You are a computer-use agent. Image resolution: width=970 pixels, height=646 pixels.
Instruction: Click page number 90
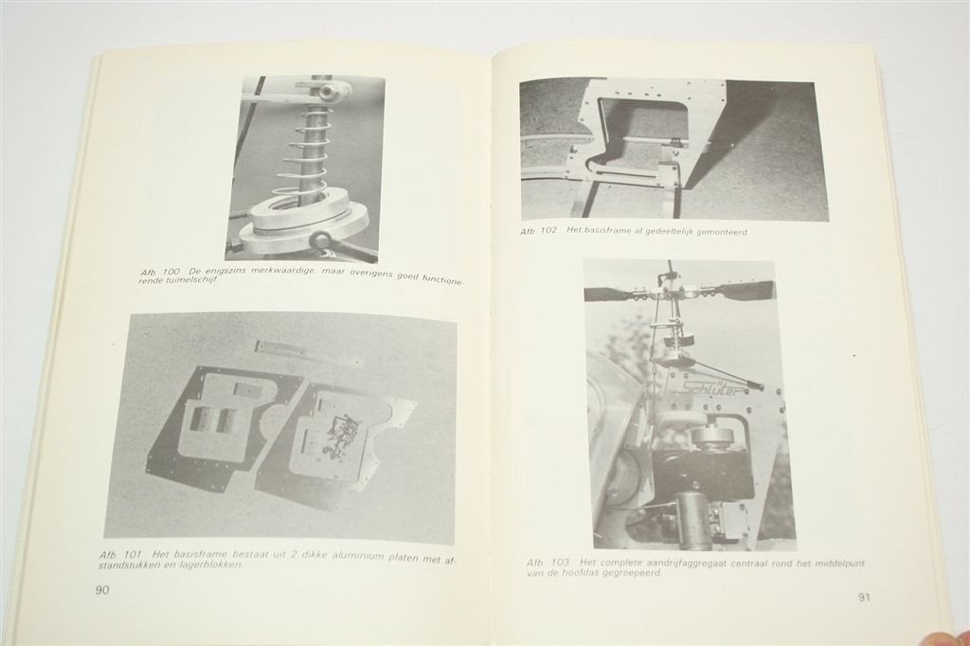point(102,590)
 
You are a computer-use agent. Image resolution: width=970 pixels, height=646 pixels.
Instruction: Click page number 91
point(864,597)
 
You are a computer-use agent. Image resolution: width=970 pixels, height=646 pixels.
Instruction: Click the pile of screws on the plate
point(340,432)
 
